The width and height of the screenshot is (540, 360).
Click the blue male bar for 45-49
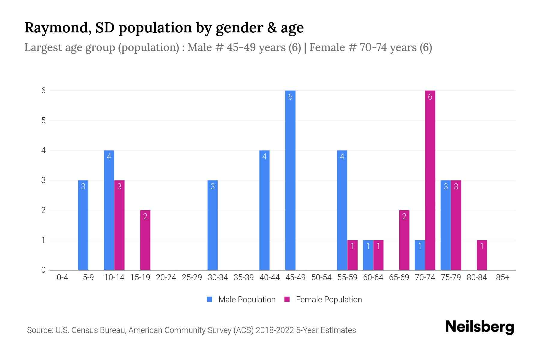[x=290, y=180]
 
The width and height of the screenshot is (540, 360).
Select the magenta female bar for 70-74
[x=430, y=180]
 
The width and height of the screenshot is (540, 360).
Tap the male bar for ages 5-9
[x=83, y=225]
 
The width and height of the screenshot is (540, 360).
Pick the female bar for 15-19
[x=145, y=240]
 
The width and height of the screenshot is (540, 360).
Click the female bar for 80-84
[x=482, y=255]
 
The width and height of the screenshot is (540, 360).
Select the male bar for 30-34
[x=212, y=225]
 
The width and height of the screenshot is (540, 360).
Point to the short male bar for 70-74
[x=420, y=255]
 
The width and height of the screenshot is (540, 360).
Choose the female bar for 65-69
[x=404, y=240]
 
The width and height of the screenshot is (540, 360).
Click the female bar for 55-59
[x=352, y=255]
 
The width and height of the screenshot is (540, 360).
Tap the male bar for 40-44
[x=264, y=210]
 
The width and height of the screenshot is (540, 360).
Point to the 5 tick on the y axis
[x=43, y=121]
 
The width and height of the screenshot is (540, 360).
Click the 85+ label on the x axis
[x=502, y=277]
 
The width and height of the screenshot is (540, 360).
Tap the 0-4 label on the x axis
[x=62, y=277]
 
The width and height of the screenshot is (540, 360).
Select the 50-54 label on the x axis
[x=321, y=277]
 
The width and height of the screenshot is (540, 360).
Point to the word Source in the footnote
[x=39, y=330]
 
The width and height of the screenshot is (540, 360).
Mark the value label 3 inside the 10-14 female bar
[x=119, y=187]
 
